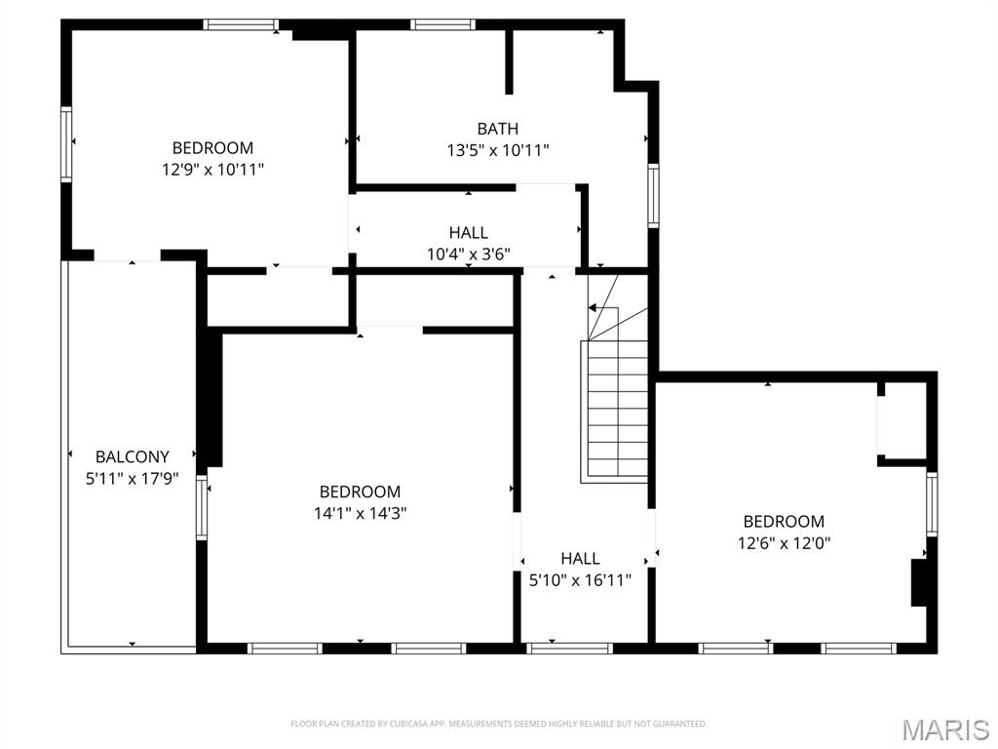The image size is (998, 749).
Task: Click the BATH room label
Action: (x=497, y=129)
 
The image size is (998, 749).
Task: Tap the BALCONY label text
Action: (x=132, y=456)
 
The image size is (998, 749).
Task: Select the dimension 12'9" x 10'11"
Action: (x=212, y=169)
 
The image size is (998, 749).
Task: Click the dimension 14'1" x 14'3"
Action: (x=360, y=513)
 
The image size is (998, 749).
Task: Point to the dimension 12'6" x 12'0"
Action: (x=784, y=542)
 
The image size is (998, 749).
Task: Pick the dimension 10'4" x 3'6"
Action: (x=469, y=254)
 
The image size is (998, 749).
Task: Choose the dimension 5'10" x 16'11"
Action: (x=580, y=579)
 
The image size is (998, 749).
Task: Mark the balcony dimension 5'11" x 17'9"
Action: (x=132, y=478)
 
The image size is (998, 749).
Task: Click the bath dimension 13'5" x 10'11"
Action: (x=497, y=150)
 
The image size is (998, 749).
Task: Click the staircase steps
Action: (x=616, y=410)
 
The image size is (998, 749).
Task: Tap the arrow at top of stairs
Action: (x=594, y=307)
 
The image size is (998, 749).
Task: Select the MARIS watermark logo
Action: (x=944, y=729)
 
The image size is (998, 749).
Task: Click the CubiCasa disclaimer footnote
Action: (x=498, y=724)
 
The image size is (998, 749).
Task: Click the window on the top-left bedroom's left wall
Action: (x=66, y=144)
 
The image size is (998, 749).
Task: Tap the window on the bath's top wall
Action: (x=442, y=24)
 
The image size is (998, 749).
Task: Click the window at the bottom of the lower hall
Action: (x=569, y=648)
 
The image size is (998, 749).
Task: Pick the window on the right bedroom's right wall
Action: (x=931, y=504)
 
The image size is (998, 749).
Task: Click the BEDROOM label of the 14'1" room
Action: (x=360, y=492)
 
